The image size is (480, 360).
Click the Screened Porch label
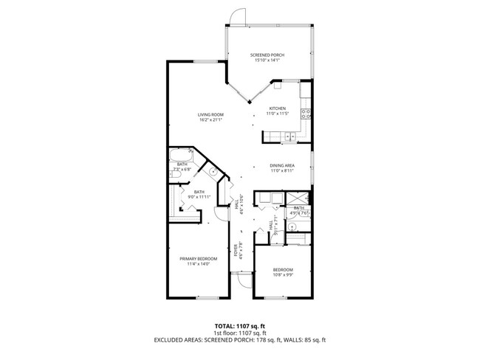pos(267,55)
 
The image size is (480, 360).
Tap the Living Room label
pos(210,114)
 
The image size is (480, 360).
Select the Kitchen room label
pos(276,108)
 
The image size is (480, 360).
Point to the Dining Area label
pos(283,165)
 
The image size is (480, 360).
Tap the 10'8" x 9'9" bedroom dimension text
pos(283,274)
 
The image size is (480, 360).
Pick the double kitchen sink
pos(287,136)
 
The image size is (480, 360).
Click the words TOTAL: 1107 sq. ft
pos(240,325)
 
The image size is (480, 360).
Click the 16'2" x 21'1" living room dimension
pos(210,120)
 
